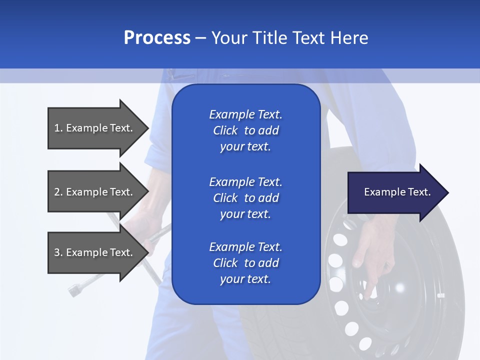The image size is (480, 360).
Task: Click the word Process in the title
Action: pyautogui.click(x=157, y=38)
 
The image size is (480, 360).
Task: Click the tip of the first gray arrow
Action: pyautogui.click(x=147, y=128)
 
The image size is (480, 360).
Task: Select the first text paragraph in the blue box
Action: pyautogui.click(x=245, y=130)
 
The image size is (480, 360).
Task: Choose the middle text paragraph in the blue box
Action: pyautogui.click(x=245, y=198)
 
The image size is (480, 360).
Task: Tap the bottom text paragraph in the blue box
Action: pyautogui.click(x=245, y=263)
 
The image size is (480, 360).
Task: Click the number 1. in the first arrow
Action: pyautogui.click(x=58, y=128)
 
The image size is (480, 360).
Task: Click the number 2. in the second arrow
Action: pyautogui.click(x=58, y=192)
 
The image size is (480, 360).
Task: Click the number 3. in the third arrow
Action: pyautogui.click(x=58, y=252)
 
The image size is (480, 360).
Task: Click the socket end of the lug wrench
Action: pyautogui.click(x=75, y=289)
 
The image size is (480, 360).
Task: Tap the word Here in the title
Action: pyautogui.click(x=349, y=38)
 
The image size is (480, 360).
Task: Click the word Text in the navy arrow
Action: pyautogui.click(x=419, y=192)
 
